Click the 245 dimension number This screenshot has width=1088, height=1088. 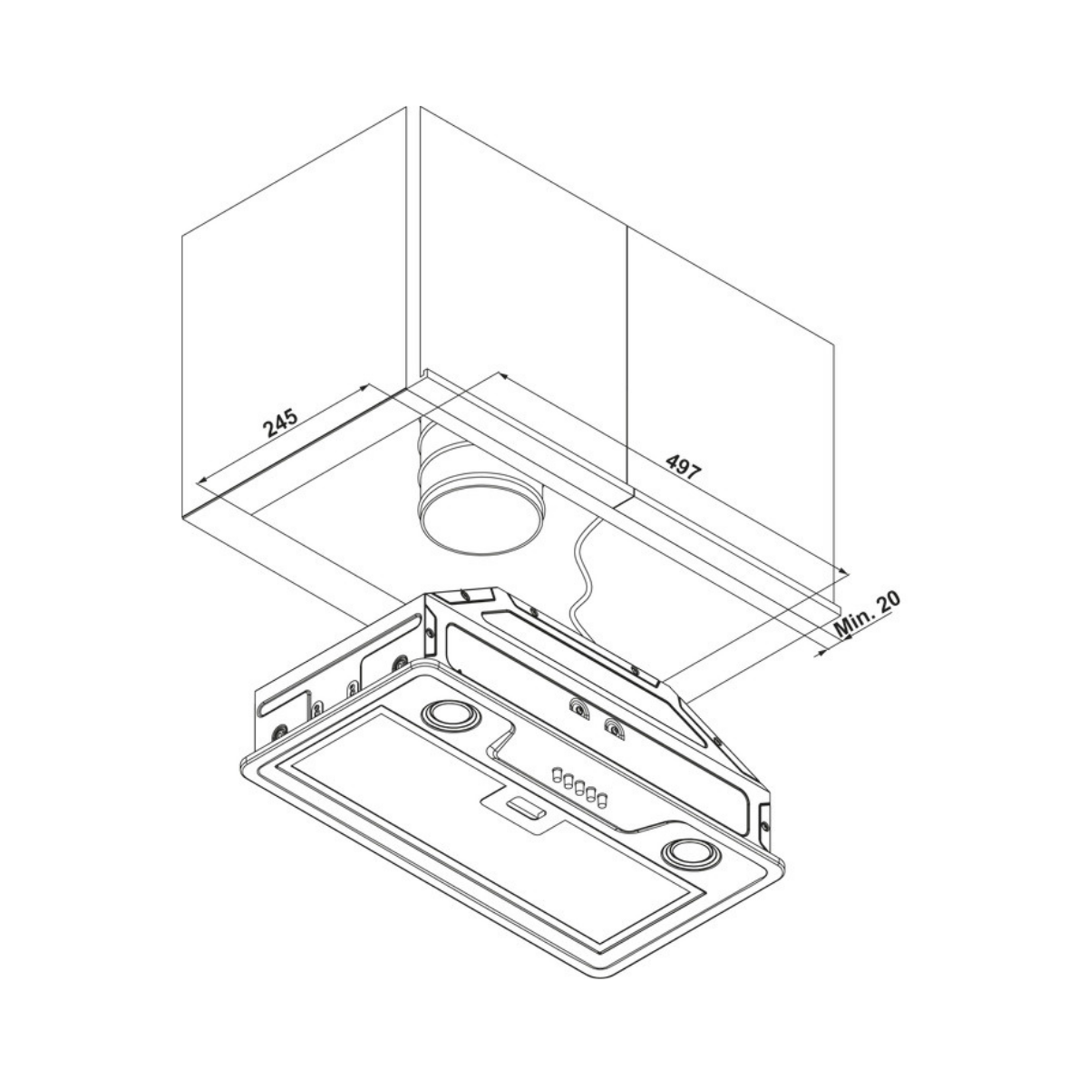280,423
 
